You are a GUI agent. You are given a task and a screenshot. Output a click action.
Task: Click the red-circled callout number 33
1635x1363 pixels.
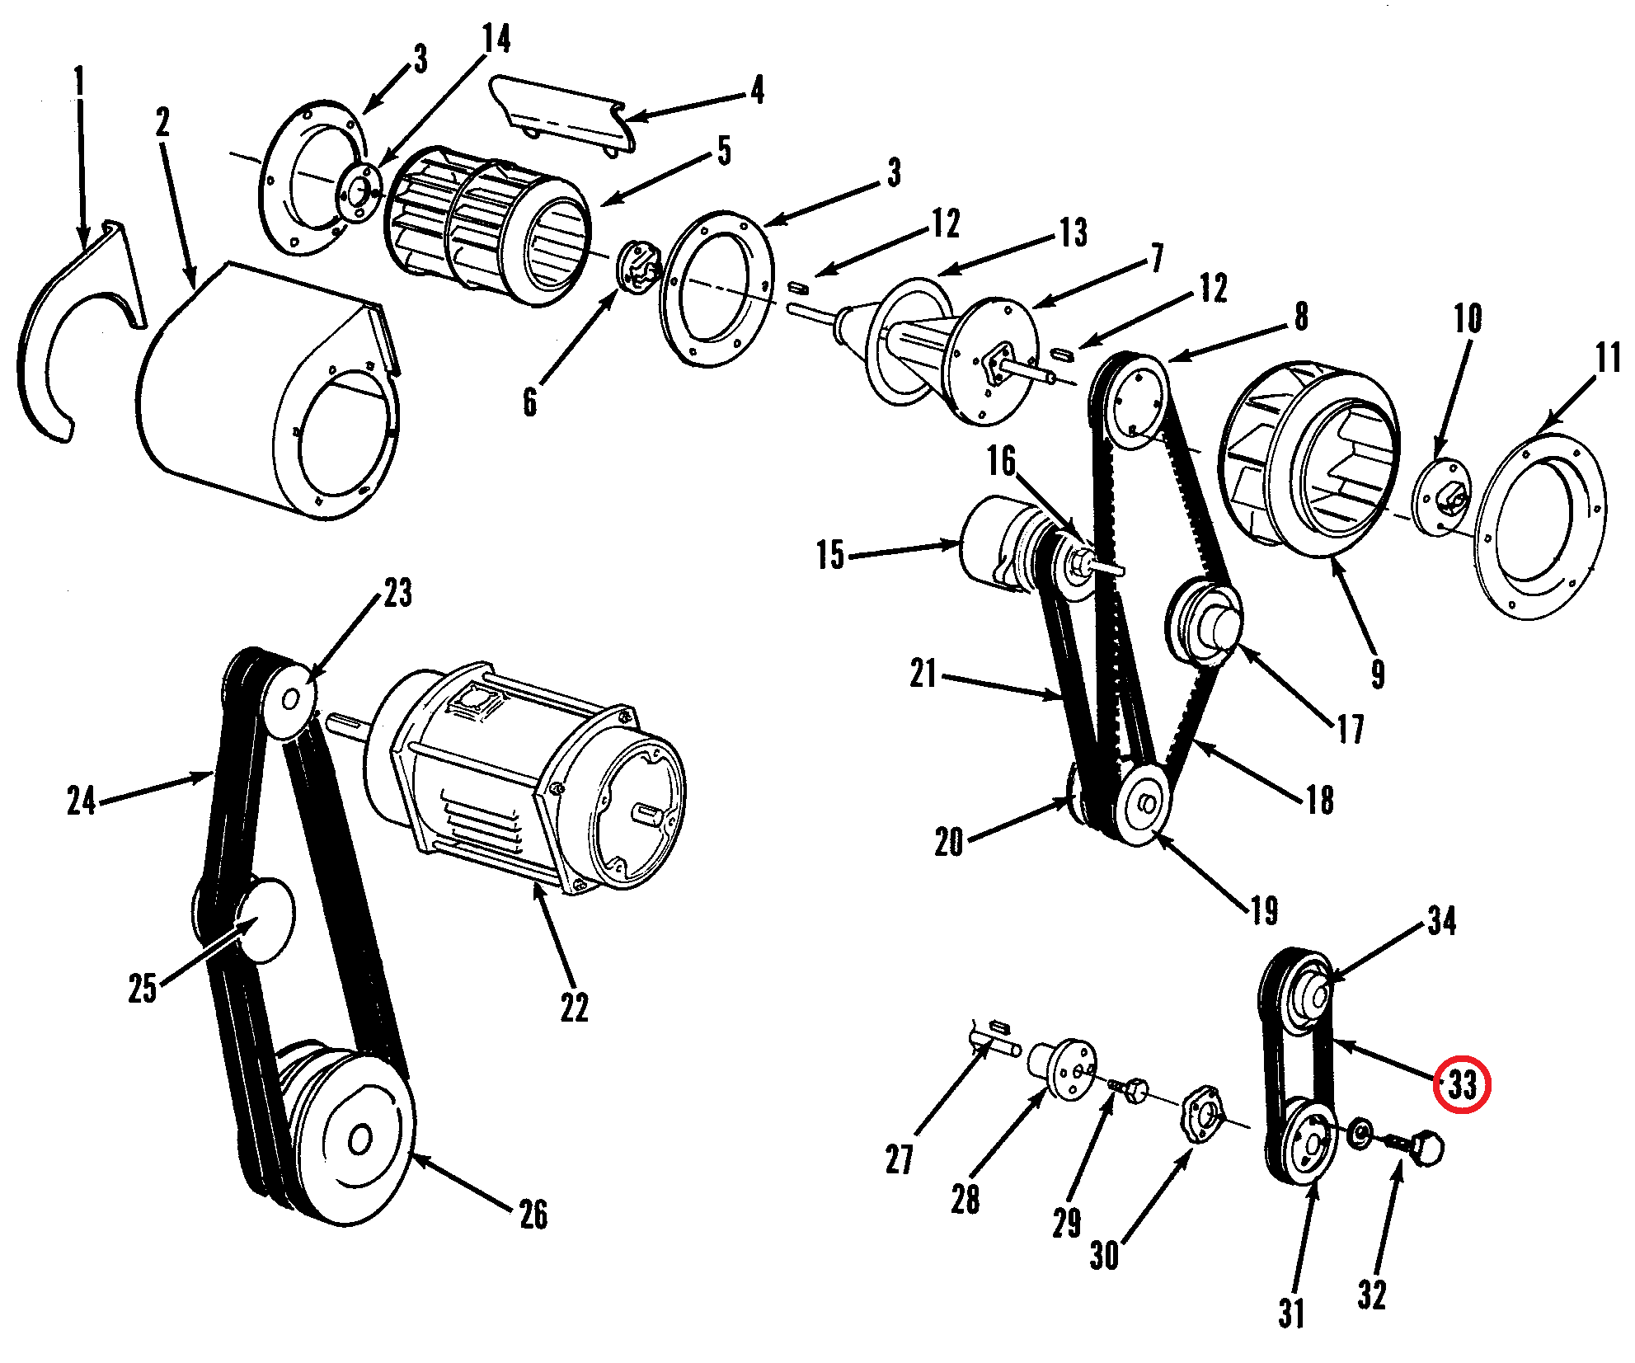click(x=1463, y=1084)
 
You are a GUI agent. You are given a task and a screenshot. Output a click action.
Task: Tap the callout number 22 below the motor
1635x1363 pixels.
click(x=575, y=1007)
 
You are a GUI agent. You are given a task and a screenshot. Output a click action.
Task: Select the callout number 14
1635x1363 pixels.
click(x=496, y=39)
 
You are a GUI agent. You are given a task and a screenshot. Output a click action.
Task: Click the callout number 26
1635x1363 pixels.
click(x=533, y=1214)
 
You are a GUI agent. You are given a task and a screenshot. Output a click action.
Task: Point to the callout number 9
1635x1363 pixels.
click(x=1378, y=674)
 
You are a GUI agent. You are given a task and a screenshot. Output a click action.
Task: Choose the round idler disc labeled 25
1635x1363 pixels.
click(x=265, y=920)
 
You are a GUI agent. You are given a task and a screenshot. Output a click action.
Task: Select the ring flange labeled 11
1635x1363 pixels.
click(x=1540, y=527)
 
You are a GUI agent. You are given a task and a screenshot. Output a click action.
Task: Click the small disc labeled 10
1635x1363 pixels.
click(x=1443, y=497)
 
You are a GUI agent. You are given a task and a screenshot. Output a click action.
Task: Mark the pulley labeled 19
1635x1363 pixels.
click(x=1142, y=802)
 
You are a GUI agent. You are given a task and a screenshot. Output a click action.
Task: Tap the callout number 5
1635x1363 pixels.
click(x=724, y=151)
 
